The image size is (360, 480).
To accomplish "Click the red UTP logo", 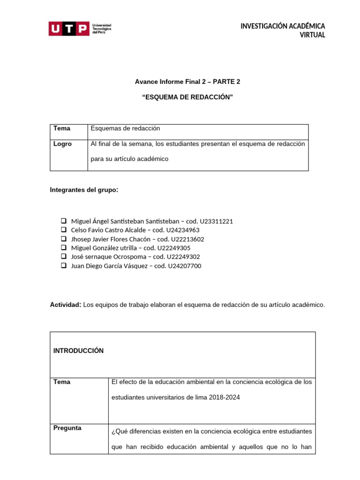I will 68,29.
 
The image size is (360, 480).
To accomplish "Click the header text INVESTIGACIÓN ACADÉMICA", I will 283,26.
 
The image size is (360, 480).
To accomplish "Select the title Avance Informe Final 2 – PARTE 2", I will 187,82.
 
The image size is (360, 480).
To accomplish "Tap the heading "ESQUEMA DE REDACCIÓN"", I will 187,97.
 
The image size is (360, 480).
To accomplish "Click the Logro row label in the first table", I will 62,144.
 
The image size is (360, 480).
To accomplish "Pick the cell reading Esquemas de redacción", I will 125,128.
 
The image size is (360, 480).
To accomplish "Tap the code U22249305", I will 174,248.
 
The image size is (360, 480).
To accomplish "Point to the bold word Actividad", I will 66,305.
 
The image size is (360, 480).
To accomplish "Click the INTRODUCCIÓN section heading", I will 78,351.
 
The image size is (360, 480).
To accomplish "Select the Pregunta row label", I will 67,428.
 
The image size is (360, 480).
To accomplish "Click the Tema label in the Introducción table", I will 62,382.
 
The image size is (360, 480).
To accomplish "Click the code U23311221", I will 216,221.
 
